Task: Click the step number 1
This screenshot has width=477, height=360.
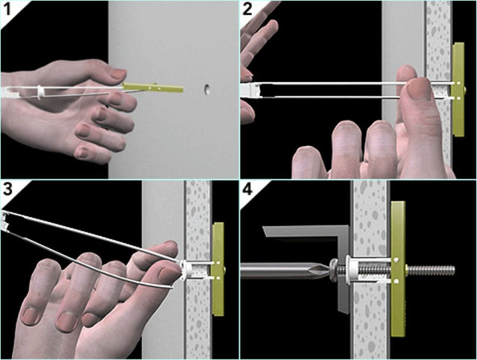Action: coord(7,10)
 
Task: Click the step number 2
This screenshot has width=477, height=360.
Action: coord(247,10)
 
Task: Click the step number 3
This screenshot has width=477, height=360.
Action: coord(7,189)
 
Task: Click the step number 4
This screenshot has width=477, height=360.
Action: coord(247,189)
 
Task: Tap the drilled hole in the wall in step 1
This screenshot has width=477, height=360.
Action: coord(207,89)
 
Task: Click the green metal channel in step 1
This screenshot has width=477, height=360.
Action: coord(153,88)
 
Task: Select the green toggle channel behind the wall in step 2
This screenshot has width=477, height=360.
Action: coord(458,89)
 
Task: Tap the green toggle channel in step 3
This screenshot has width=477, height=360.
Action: coord(218,269)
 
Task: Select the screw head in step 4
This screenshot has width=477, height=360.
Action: coord(333,268)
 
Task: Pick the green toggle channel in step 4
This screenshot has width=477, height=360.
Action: coord(398,269)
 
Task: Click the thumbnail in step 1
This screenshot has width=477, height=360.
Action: coord(118,73)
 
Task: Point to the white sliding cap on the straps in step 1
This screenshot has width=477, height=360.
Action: coord(40,92)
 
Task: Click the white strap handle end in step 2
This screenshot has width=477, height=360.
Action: coord(250,91)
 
